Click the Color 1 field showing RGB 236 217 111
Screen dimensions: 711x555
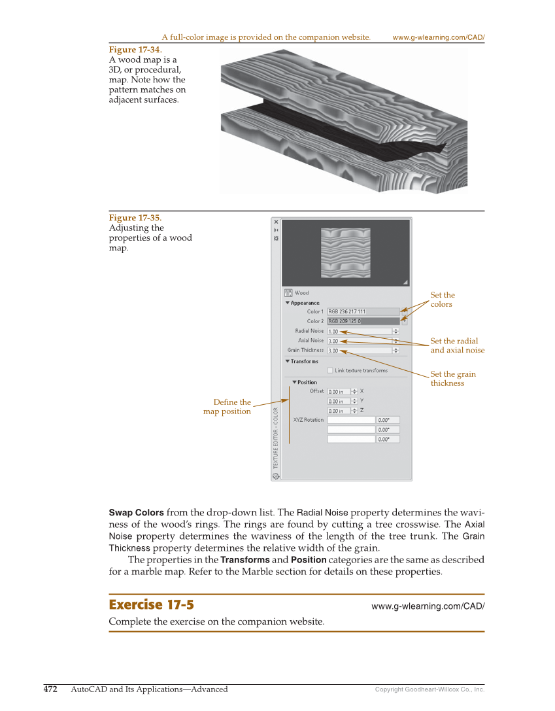[362, 311]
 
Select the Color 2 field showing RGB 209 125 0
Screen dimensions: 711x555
[362, 321]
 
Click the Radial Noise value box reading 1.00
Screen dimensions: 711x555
[359, 332]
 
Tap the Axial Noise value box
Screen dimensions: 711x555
[359, 341]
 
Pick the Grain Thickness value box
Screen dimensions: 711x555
[359, 351]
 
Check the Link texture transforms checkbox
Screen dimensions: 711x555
[330, 370]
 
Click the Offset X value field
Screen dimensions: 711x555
[339, 392]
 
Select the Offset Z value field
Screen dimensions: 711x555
[339, 411]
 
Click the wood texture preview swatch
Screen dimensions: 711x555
[346, 252]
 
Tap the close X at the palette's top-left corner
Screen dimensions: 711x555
[276, 222]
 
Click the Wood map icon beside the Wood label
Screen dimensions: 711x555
[288, 293]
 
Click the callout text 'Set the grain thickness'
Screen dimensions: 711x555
[452, 379]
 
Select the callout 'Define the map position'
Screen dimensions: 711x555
[227, 407]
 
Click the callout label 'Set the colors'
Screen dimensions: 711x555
[442, 300]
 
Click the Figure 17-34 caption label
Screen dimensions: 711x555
[135, 50]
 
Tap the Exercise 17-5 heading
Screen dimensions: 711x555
[151, 604]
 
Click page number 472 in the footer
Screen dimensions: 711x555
[50, 689]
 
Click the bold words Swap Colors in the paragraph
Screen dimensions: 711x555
[136, 512]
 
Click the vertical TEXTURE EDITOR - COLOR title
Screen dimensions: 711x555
[276, 437]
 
